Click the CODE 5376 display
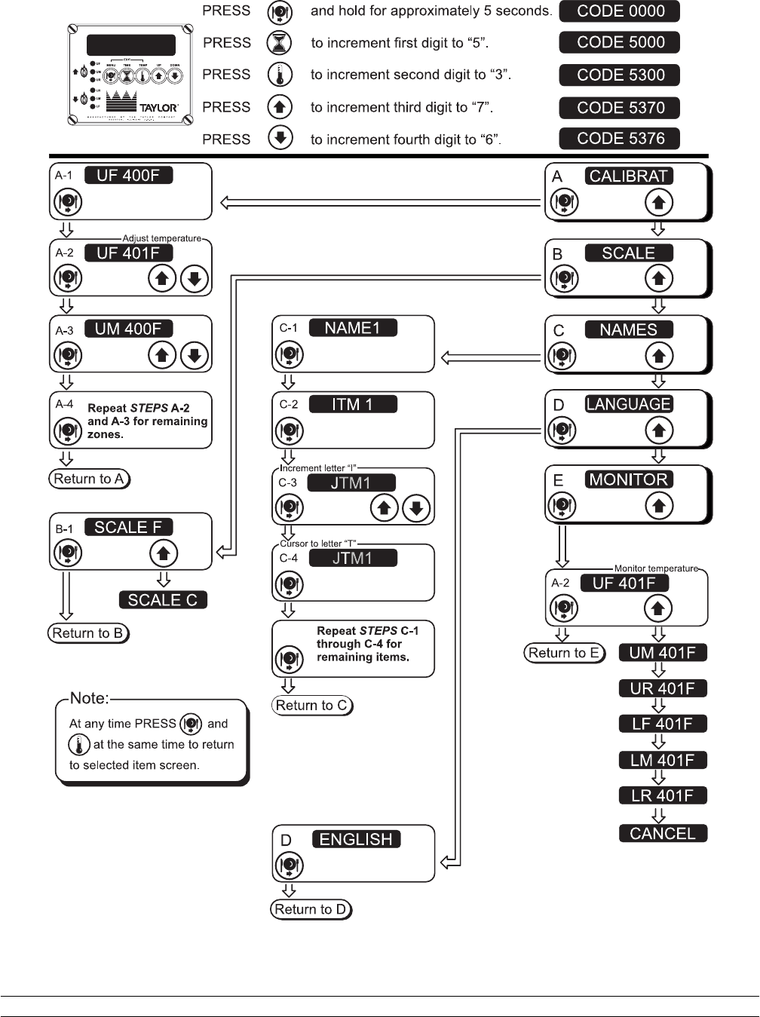click(620, 139)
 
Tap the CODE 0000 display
click(620, 11)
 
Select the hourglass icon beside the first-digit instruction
click(280, 43)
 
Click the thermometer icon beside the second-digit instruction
click(280, 75)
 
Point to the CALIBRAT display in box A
click(629, 176)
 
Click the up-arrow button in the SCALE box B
click(659, 279)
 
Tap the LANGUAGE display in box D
click(629, 404)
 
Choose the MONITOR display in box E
click(629, 479)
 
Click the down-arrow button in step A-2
click(194, 279)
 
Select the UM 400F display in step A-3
click(128, 329)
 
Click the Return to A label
click(89, 479)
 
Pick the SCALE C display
click(163, 600)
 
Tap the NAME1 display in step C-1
click(353, 328)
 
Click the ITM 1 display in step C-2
click(353, 404)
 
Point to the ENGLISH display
click(356, 839)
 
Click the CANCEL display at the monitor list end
click(663, 833)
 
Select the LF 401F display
click(663, 724)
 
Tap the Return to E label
click(565, 653)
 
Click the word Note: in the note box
click(90, 698)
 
